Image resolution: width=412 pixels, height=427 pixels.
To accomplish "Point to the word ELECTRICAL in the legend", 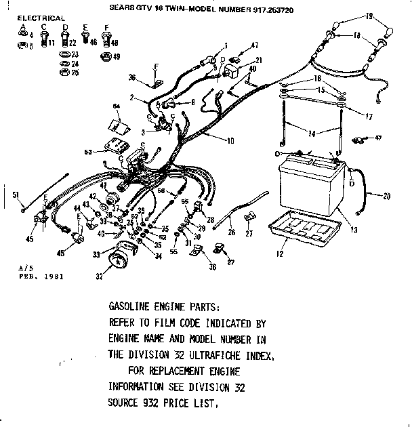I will pos(41,18).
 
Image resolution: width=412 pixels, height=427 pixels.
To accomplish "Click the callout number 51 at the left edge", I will pos(16,195).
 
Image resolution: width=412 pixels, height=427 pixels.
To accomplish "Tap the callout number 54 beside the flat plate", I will pos(116,107).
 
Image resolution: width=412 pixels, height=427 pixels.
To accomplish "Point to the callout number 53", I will pos(87,152).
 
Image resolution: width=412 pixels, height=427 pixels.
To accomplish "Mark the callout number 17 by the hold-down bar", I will pos(370,117).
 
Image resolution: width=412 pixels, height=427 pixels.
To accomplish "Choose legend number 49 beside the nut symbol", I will pos(117,56).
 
